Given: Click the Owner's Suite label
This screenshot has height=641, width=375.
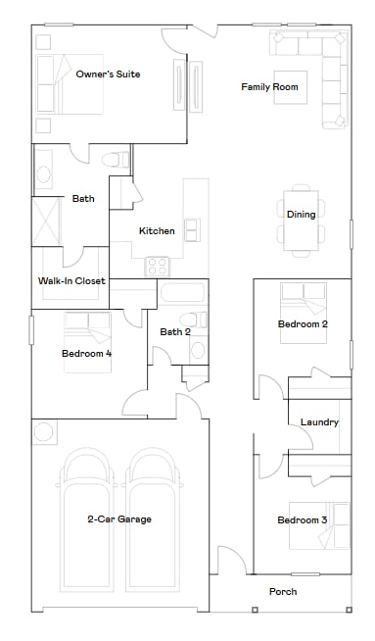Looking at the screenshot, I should [109, 74].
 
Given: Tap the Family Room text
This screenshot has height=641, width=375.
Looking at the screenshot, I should [269, 87].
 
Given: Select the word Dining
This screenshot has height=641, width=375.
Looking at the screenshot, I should [301, 215].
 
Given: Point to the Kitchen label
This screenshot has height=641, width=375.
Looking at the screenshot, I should [157, 231].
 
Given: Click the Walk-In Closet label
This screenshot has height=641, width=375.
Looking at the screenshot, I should [71, 281].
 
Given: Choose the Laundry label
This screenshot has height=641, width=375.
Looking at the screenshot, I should [320, 422].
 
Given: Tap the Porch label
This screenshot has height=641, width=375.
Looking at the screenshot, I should [283, 591].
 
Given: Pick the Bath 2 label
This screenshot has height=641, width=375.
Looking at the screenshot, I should [174, 331].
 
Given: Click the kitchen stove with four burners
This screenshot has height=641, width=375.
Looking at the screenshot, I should [158, 266].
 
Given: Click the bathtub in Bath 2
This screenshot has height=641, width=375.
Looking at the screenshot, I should [183, 292].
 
